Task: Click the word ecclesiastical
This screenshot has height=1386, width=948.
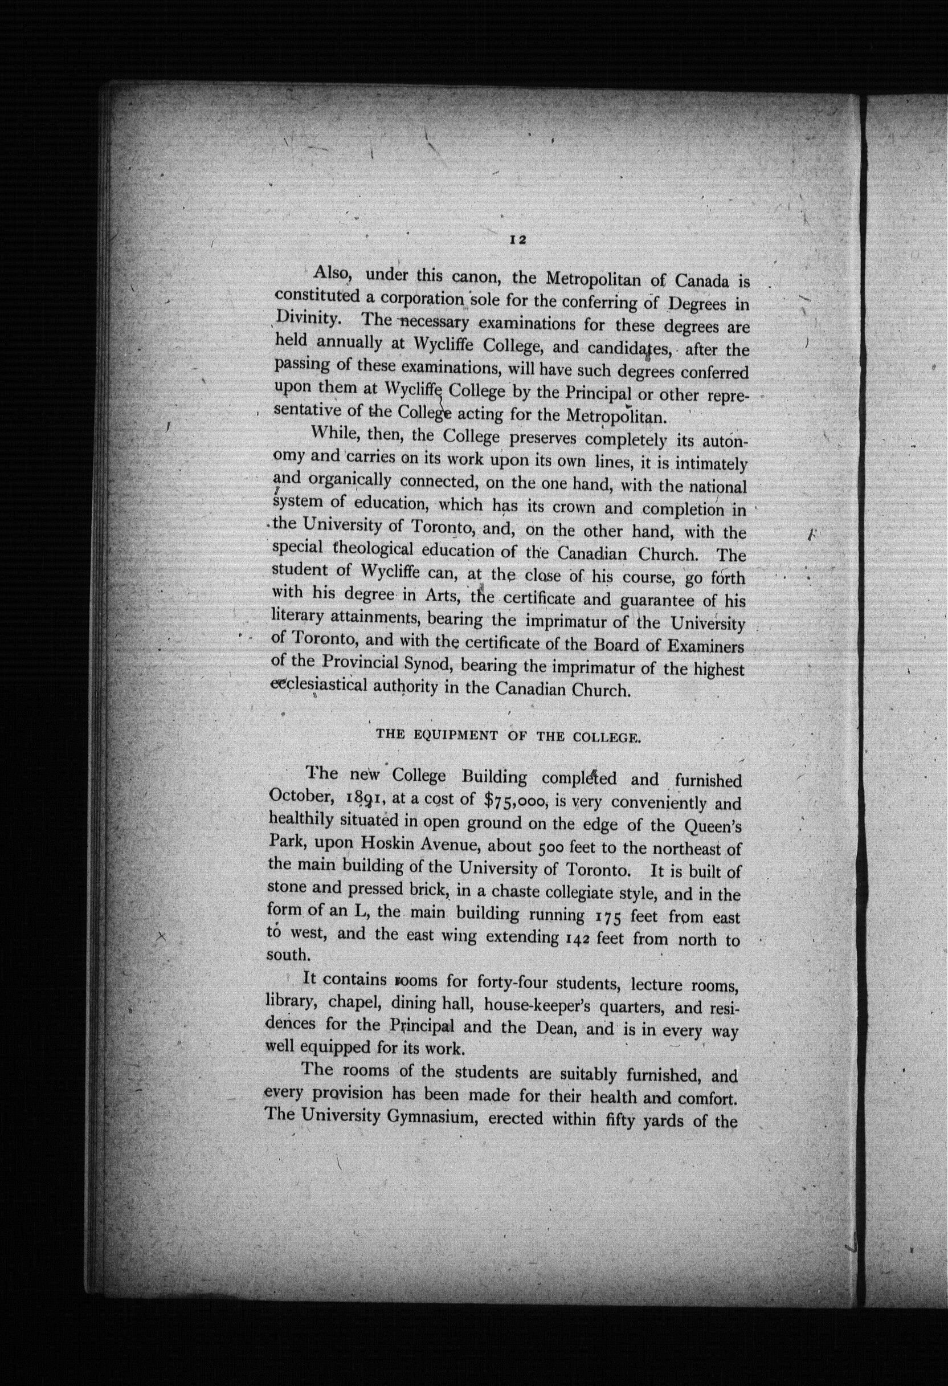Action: (318, 685)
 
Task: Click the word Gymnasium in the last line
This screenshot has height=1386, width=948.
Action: (434, 1116)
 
